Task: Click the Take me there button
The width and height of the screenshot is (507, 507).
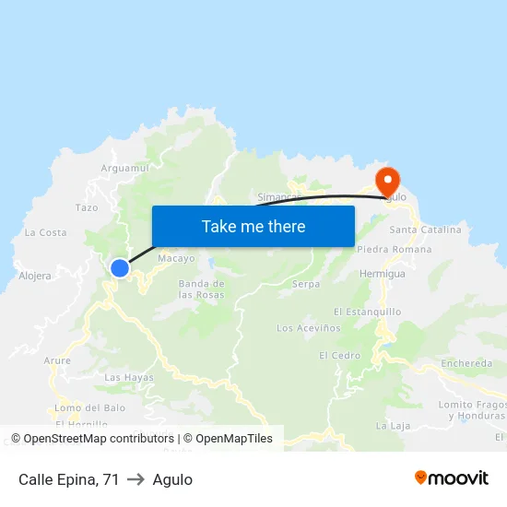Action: point(253,226)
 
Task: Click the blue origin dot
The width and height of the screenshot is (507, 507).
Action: point(120,268)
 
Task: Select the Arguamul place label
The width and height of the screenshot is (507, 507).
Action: point(125,168)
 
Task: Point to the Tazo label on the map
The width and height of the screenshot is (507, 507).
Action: point(87,207)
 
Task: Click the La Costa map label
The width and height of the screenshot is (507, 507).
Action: point(46,232)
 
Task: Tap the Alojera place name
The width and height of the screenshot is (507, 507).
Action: point(35,275)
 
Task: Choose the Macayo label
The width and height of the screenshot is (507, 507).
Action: point(176,259)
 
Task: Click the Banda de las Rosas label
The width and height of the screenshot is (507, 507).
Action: point(201,289)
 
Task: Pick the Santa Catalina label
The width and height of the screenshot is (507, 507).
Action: point(425,230)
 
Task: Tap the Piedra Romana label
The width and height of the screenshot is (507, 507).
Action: point(394,250)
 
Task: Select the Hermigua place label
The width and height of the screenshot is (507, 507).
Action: point(383,274)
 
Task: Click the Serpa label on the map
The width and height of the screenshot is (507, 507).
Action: point(306,284)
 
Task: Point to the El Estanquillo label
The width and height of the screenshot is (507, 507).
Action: point(367,312)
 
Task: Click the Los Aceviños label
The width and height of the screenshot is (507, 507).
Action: point(309,327)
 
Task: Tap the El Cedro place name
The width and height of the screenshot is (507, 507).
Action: point(340,355)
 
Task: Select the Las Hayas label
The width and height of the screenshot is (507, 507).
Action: point(129,377)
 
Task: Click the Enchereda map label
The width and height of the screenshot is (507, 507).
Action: point(466,363)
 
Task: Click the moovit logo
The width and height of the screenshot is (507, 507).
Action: point(451,478)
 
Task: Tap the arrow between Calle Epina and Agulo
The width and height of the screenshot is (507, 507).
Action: point(136,479)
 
